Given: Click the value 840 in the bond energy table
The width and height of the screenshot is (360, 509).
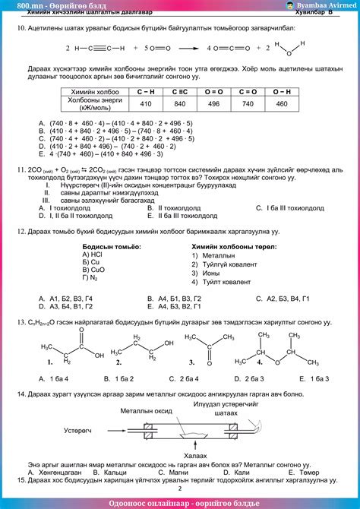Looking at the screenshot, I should coord(180,104).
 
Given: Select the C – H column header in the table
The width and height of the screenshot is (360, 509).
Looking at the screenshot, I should coord(146,91).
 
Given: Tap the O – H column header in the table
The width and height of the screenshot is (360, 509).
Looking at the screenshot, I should coord(282,91).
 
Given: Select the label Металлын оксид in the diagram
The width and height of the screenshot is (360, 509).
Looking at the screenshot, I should coord(151,410).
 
